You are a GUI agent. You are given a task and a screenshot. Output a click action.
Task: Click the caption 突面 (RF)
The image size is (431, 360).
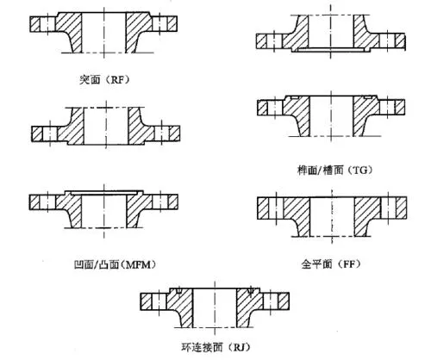[104, 79]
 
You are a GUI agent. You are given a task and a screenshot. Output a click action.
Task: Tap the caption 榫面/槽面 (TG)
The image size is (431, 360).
[334, 171]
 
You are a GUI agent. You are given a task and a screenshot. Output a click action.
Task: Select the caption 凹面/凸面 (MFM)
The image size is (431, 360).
[115, 264]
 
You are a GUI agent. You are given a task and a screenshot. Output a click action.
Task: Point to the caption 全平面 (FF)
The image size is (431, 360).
[331, 264]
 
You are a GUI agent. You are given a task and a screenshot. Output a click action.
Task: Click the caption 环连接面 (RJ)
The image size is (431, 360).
[215, 348]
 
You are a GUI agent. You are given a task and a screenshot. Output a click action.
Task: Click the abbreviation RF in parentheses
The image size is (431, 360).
[117, 80]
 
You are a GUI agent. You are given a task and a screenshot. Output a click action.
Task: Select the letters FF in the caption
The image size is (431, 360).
[349, 264]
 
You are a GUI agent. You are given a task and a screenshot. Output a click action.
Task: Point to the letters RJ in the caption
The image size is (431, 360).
[239, 348]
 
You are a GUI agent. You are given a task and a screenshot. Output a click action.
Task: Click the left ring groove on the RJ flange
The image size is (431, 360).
[178, 291]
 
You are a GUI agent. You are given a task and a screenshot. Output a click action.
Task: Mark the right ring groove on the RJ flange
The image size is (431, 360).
[251, 291]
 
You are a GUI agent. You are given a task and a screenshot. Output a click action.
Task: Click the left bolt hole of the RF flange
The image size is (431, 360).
[47, 24]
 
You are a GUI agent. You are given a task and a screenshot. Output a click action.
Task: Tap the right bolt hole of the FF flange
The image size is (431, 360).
[389, 208]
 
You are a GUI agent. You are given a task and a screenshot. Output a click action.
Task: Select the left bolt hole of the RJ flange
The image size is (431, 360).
[159, 301]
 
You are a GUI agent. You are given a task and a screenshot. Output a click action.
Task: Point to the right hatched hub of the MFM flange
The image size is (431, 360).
[137, 208]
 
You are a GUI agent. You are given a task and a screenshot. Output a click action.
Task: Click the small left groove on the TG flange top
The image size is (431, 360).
[295, 98]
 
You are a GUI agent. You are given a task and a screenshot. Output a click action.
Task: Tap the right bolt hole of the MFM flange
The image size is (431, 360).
[160, 202]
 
